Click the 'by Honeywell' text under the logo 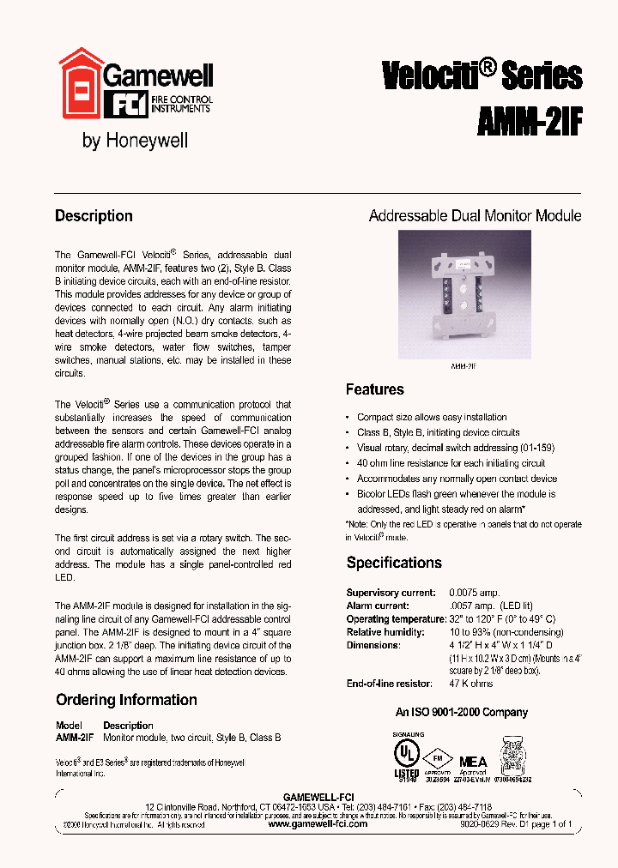pos(135,141)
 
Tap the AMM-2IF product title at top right pos(529,121)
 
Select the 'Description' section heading pos(94,216)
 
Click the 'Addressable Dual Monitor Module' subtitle pos(475,216)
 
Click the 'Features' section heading pos(374,389)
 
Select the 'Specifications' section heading pos(394,563)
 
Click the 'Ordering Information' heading pos(126,700)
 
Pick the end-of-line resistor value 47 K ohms pos(471,684)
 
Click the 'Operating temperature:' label pos(395,618)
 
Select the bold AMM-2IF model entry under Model pos(75,738)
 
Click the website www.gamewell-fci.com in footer pos(318,823)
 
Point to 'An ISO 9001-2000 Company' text pos(461,712)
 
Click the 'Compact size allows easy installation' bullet pos(432,417)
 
